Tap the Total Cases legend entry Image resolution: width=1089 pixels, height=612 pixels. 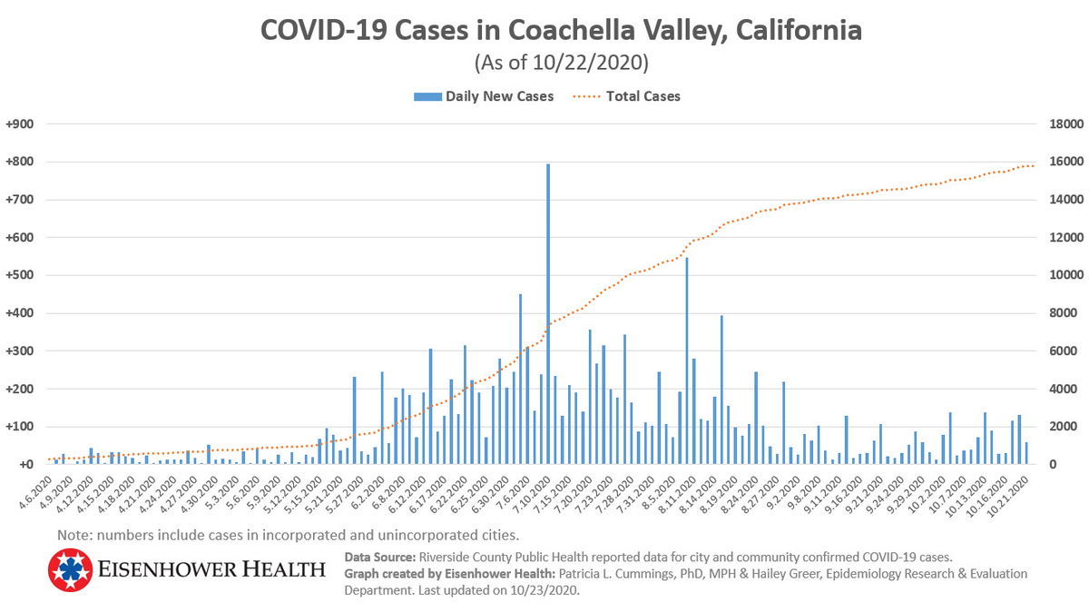pyautogui.click(x=642, y=96)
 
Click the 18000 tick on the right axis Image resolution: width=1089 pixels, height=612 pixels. pyautogui.click(x=1066, y=124)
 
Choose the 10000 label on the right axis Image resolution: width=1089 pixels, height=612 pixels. pyautogui.click(x=1066, y=275)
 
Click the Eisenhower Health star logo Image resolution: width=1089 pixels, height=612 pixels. pyautogui.click(x=71, y=570)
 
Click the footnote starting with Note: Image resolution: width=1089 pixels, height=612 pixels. pyautogui.click(x=288, y=534)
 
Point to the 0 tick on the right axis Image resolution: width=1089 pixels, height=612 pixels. pyautogui.click(x=1052, y=464)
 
